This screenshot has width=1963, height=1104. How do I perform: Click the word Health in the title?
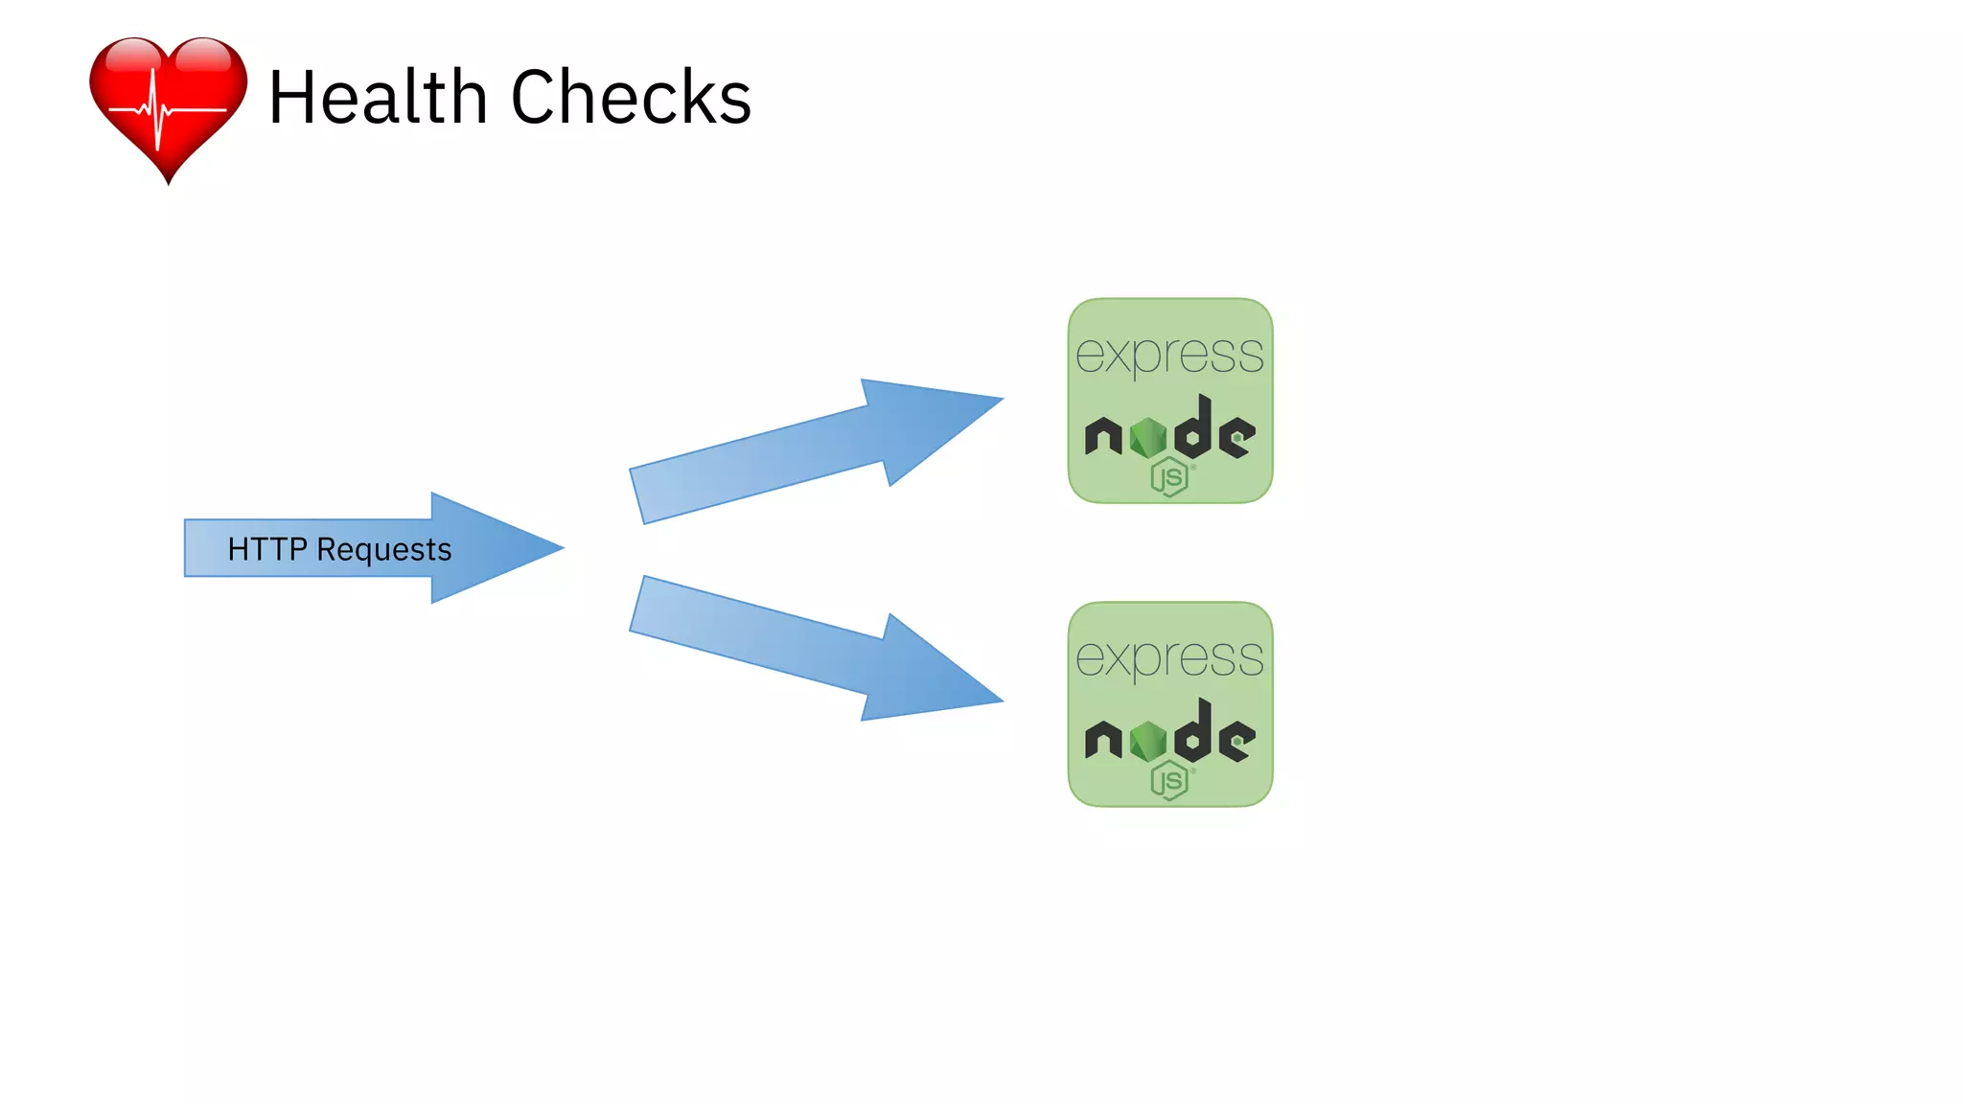(378, 98)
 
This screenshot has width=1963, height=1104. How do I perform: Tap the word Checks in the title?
(631, 98)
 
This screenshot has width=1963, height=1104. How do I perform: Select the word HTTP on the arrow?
(266, 549)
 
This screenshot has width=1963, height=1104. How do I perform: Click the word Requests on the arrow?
(383, 550)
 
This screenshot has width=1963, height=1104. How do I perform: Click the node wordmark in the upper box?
(1169, 433)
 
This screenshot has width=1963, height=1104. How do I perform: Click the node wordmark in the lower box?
(1169, 737)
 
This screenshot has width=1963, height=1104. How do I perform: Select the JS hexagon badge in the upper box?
(1169, 476)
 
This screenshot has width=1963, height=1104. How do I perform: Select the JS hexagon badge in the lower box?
(1169, 780)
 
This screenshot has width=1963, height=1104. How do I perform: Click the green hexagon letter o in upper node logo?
(1147, 439)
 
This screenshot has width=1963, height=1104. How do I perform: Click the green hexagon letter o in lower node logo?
(1147, 742)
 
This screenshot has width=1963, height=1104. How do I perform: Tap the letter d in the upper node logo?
(1195, 429)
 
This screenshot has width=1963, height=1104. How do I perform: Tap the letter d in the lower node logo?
(1195, 733)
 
